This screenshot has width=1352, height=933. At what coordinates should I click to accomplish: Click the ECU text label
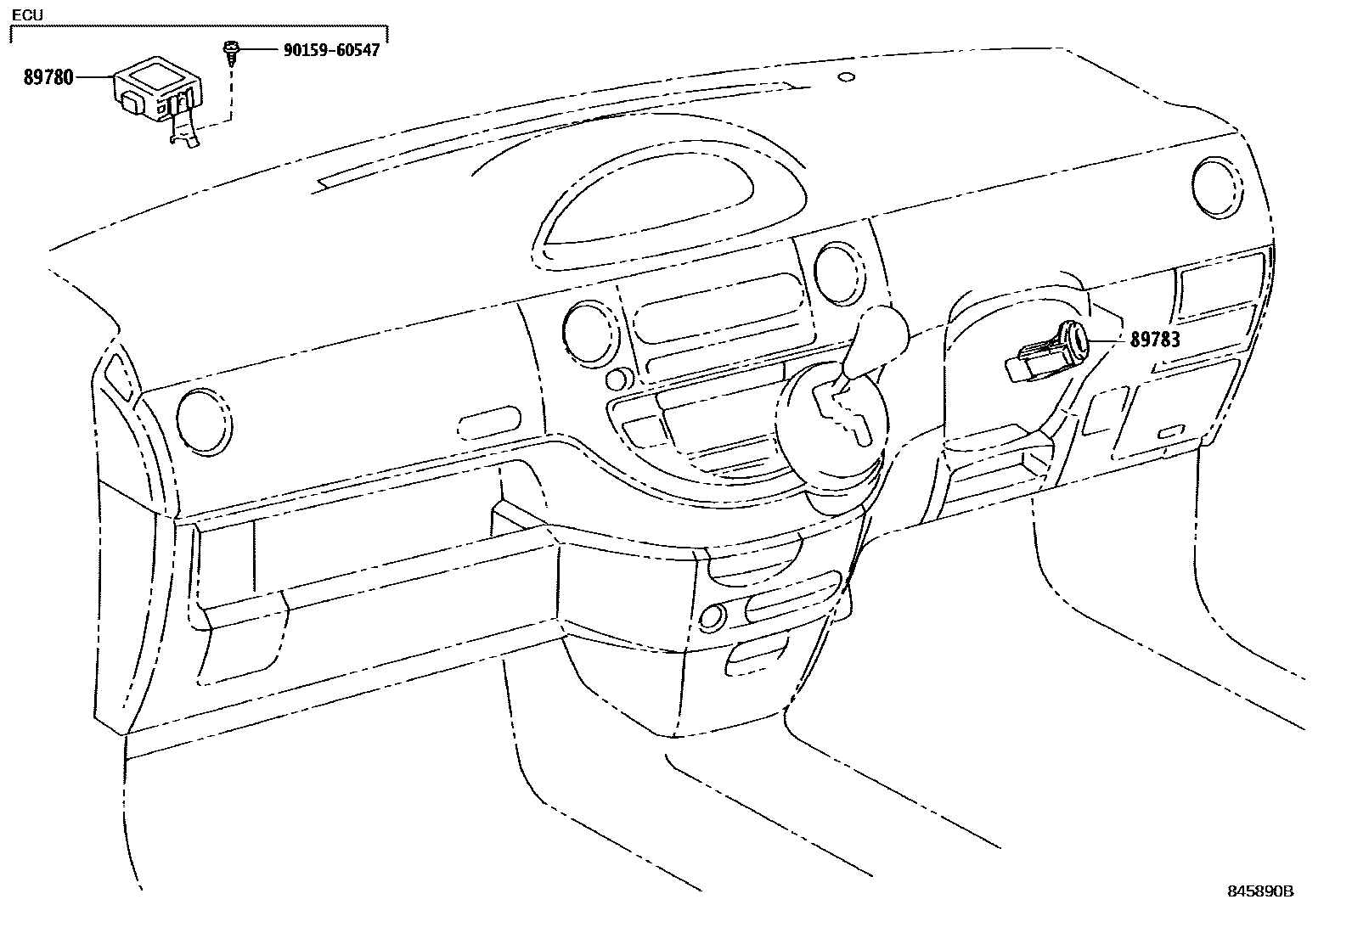[x=27, y=15]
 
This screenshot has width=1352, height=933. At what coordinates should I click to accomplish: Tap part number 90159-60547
[x=330, y=50]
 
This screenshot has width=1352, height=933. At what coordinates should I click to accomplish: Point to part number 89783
[x=1154, y=340]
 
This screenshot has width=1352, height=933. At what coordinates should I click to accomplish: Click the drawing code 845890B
[x=1259, y=891]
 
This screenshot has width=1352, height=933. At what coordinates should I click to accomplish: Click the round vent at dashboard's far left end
[x=204, y=418]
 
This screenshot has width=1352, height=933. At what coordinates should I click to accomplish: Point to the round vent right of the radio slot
[x=839, y=273]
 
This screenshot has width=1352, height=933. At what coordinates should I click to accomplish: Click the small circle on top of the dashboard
[x=845, y=77]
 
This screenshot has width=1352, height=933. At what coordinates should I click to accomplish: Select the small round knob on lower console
[x=713, y=615]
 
